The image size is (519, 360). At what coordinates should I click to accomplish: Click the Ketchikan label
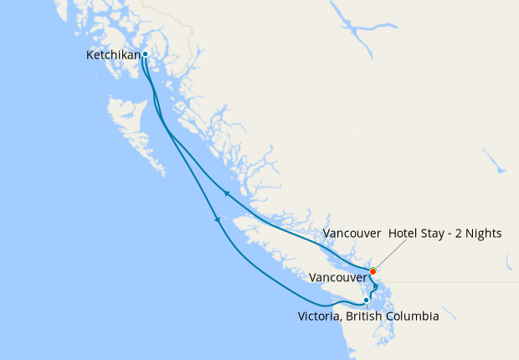coord(114,56)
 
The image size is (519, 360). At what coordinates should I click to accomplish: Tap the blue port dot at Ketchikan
coord(145,54)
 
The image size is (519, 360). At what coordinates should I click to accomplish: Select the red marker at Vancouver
coord(373,270)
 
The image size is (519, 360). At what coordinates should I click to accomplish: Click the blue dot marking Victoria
coord(367,300)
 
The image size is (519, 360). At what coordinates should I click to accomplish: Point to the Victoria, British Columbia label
coord(368,316)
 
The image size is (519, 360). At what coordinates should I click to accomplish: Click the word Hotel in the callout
coord(405,233)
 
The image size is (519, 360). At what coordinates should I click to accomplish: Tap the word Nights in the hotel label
coord(484,233)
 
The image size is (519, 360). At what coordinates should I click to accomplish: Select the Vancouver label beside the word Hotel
coord(352,233)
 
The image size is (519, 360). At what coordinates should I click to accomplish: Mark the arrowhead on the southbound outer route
coord(218,220)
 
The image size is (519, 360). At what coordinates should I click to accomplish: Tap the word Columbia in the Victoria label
coord(409,316)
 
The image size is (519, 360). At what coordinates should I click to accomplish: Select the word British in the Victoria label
coord(361,316)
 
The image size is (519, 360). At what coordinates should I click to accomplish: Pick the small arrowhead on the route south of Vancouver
coord(377,287)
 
